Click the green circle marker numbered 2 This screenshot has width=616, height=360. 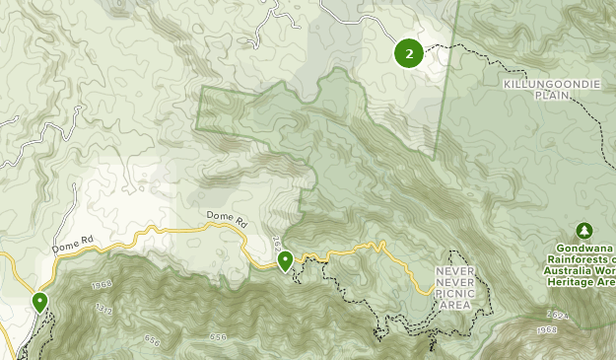[x=409, y=52]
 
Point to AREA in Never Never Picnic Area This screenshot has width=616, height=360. [x=455, y=304]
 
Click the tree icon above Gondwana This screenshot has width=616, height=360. [x=583, y=231]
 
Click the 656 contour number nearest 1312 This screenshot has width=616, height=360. [x=151, y=340]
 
